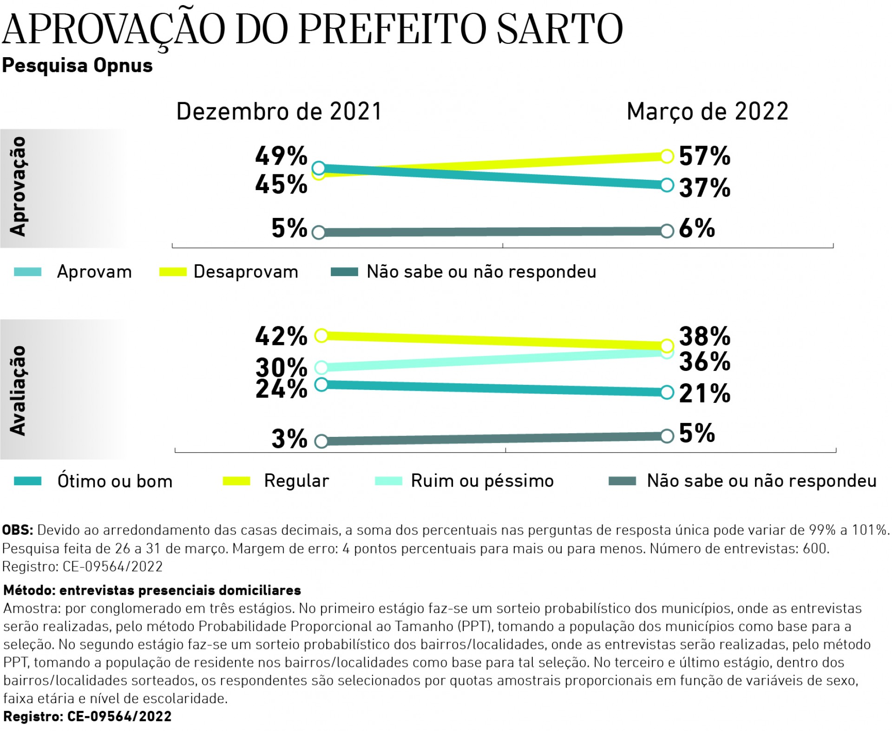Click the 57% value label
704,156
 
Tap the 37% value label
704,188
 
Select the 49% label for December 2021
281,156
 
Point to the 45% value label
281,184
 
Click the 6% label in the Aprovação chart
696,228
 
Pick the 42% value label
281,336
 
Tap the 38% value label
704,336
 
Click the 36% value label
704,362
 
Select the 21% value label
704,394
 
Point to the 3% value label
289,439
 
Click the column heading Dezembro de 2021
279,112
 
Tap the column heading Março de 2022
707,112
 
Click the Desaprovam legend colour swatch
172,272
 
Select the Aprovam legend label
94,272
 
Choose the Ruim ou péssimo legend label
482,481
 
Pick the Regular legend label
296,481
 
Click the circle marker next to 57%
667,156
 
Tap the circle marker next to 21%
667,392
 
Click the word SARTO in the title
559,29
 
